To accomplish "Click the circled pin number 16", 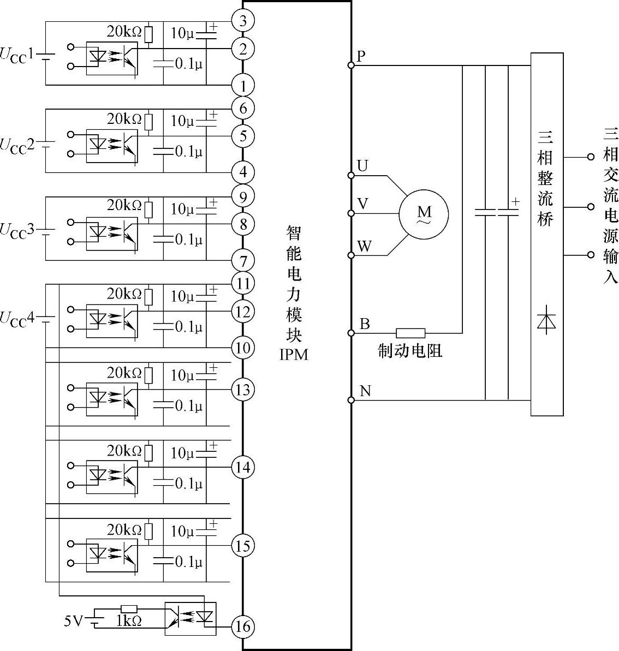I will pyautogui.click(x=243, y=626).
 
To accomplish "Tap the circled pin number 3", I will pyautogui.click(x=243, y=21).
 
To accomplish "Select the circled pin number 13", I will pyautogui.click(x=243, y=390).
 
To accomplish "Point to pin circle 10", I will pyautogui.click(x=243, y=348).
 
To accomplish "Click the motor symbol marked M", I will pyautogui.click(x=424, y=213).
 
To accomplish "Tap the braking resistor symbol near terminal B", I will pyautogui.click(x=410, y=333).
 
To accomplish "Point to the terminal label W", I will pyautogui.click(x=364, y=247).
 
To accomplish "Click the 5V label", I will pyautogui.click(x=74, y=620).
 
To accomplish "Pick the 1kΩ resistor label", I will pyautogui.click(x=128, y=621).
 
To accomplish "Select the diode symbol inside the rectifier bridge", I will pyautogui.click(x=546, y=321).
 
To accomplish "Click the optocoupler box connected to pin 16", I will pyautogui.click(x=191, y=618).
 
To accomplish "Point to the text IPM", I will pyautogui.click(x=294, y=355).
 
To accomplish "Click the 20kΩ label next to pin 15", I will pyautogui.click(x=124, y=530).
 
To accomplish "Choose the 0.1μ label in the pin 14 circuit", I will pyautogui.click(x=188, y=483).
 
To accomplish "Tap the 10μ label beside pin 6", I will pyautogui.click(x=182, y=121).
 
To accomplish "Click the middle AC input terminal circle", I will pyautogui.click(x=590, y=207).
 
